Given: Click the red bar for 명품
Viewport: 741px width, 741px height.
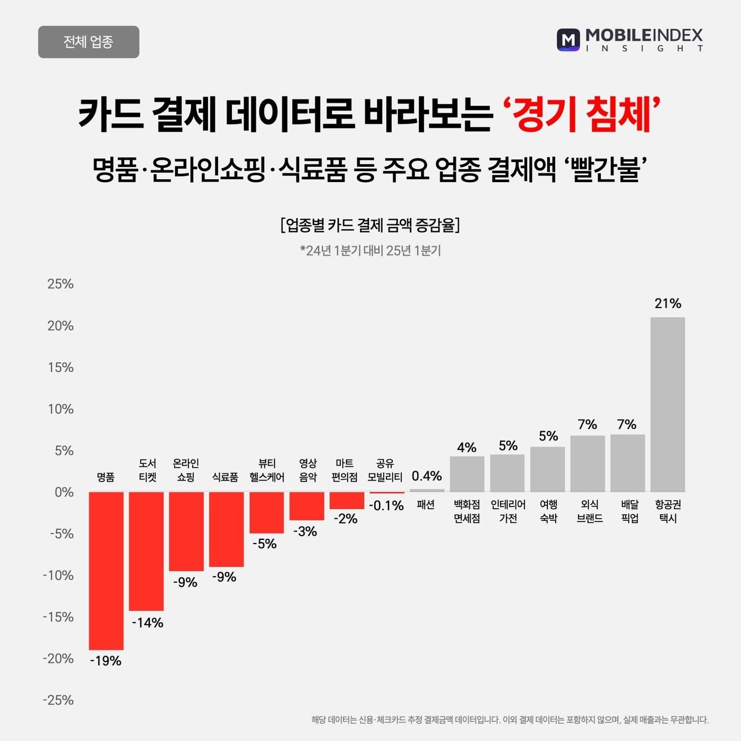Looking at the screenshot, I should (x=106, y=571).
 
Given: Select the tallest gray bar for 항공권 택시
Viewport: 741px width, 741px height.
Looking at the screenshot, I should (x=667, y=404).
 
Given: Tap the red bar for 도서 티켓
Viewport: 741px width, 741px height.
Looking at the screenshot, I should (x=146, y=551).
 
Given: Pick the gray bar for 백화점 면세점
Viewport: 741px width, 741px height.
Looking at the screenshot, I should (x=467, y=474).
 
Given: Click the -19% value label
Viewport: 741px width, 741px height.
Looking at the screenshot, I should (x=106, y=661).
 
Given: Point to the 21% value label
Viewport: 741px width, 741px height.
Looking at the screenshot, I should (x=667, y=303).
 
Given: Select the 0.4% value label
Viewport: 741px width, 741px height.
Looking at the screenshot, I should (x=427, y=476).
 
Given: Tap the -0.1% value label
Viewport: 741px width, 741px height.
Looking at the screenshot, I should (x=386, y=505).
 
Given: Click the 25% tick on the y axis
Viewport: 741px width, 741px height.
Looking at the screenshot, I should (x=60, y=284).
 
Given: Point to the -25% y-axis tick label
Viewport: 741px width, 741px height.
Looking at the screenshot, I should (x=58, y=700).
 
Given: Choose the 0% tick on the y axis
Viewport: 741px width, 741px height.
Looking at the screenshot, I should (x=64, y=492).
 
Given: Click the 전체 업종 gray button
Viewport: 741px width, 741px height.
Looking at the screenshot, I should (x=88, y=42).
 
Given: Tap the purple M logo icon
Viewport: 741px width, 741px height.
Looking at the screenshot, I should (x=568, y=40).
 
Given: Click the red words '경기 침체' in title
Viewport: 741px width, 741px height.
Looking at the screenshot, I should (x=581, y=113).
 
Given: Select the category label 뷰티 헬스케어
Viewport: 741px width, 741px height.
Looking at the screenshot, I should (x=267, y=470).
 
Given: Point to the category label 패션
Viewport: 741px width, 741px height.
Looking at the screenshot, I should (x=426, y=504).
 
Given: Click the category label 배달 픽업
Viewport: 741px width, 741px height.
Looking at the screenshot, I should (x=629, y=511).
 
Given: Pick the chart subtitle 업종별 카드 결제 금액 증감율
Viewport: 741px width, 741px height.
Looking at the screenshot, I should (x=370, y=225).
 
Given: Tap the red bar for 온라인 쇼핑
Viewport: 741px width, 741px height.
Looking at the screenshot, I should (x=186, y=531).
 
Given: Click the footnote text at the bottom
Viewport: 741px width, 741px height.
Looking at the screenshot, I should (x=510, y=720).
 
